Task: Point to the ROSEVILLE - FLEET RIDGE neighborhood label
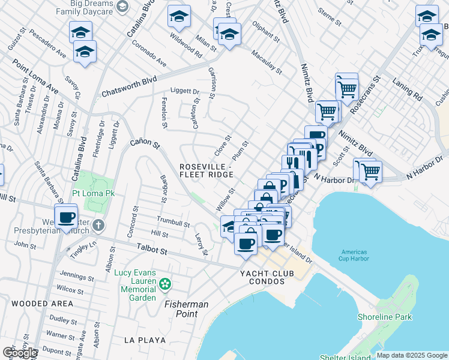[206, 170]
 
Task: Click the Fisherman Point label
[187, 309]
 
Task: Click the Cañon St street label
[145, 145]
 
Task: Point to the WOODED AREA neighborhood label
[42, 304]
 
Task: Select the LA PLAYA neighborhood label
[145, 340]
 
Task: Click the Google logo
[20, 353]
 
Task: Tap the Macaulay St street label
[266, 62]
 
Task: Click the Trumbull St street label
[173, 221]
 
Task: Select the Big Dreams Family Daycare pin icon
[123, 7]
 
